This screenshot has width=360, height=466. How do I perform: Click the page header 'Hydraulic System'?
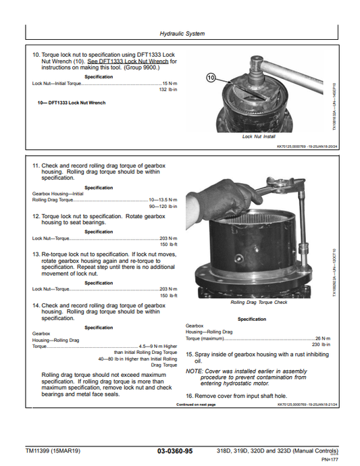click(182, 33)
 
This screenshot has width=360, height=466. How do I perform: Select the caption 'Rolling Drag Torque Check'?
click(259, 303)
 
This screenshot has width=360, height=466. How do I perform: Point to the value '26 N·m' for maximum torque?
click(322, 338)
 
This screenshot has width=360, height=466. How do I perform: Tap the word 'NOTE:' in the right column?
click(194, 371)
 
